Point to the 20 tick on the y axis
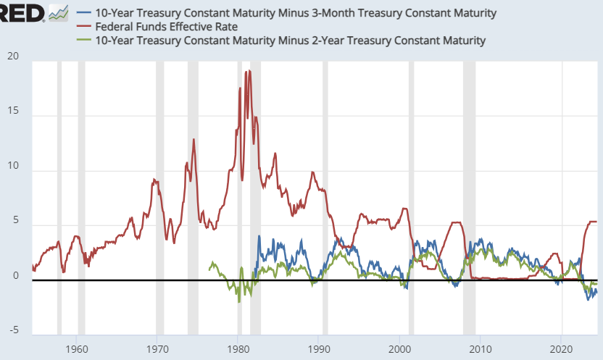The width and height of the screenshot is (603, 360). [x=14, y=57]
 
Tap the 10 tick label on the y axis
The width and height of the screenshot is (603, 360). [x=14, y=168]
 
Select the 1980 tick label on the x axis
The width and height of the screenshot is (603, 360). [x=238, y=347]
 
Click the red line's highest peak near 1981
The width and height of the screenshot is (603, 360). [x=249, y=71]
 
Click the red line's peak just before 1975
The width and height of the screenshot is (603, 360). [x=194, y=139]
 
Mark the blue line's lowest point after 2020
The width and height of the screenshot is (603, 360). [x=589, y=299]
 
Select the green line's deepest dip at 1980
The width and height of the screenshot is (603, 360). [x=239, y=301]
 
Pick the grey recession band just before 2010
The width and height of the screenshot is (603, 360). [x=469, y=196]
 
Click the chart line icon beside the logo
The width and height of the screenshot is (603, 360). [x=58, y=13]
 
